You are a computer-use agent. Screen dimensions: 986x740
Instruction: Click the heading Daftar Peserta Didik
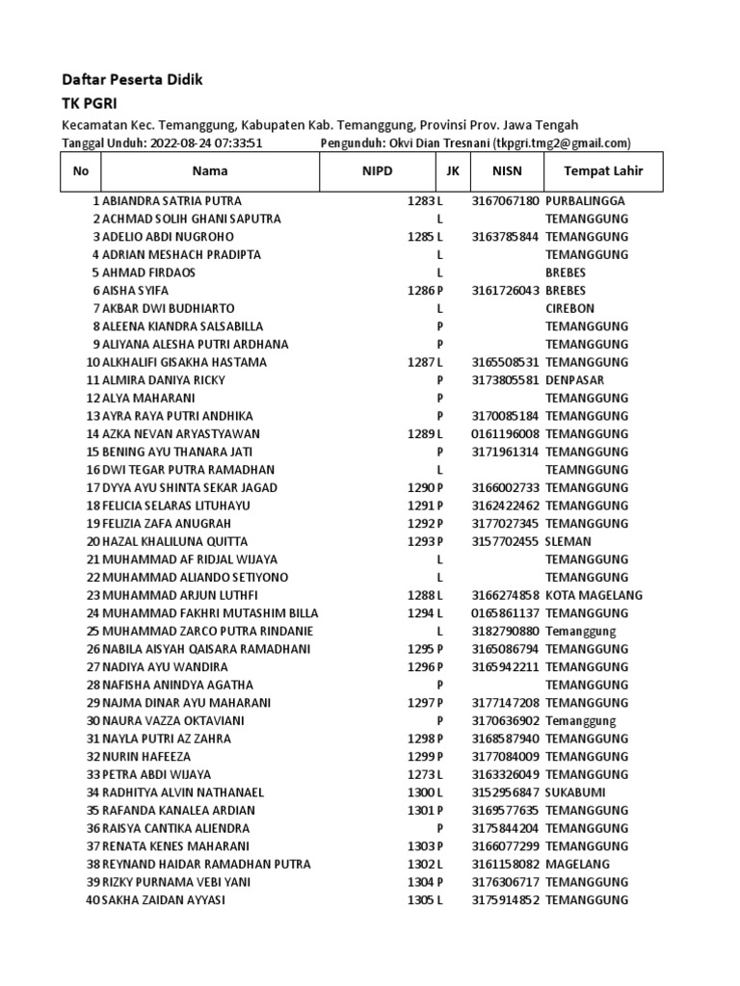point(132,80)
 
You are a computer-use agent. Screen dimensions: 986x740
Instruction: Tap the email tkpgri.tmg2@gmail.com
point(562,143)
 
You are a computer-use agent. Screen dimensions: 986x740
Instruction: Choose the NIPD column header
point(377,171)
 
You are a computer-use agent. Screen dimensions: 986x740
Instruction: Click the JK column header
point(452,171)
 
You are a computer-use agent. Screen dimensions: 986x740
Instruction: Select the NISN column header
point(506,171)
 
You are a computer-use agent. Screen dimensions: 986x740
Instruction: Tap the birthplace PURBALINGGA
point(585,201)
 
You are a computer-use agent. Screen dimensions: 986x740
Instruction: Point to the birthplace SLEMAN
point(568,541)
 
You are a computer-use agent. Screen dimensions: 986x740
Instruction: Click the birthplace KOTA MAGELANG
point(594,595)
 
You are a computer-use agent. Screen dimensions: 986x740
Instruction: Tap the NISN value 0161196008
point(505,434)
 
